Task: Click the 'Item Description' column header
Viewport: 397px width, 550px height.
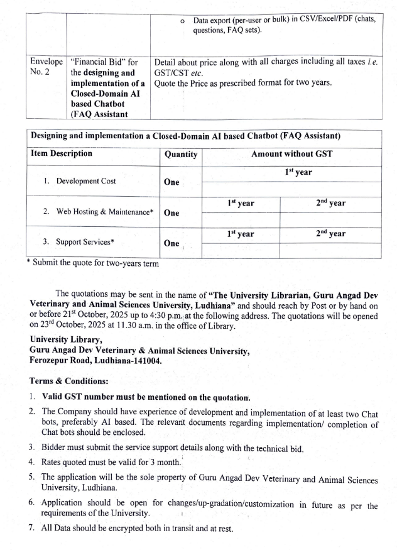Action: click(62, 153)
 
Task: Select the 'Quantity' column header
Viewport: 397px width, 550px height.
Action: click(180, 154)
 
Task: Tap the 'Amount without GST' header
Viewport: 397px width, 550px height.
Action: click(291, 153)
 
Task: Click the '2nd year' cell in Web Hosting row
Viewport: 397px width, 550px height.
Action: click(330, 204)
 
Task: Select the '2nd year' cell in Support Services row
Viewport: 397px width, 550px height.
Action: click(330, 234)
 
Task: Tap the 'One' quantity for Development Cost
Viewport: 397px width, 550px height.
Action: click(171, 182)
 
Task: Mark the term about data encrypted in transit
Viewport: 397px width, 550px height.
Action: click(137, 529)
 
